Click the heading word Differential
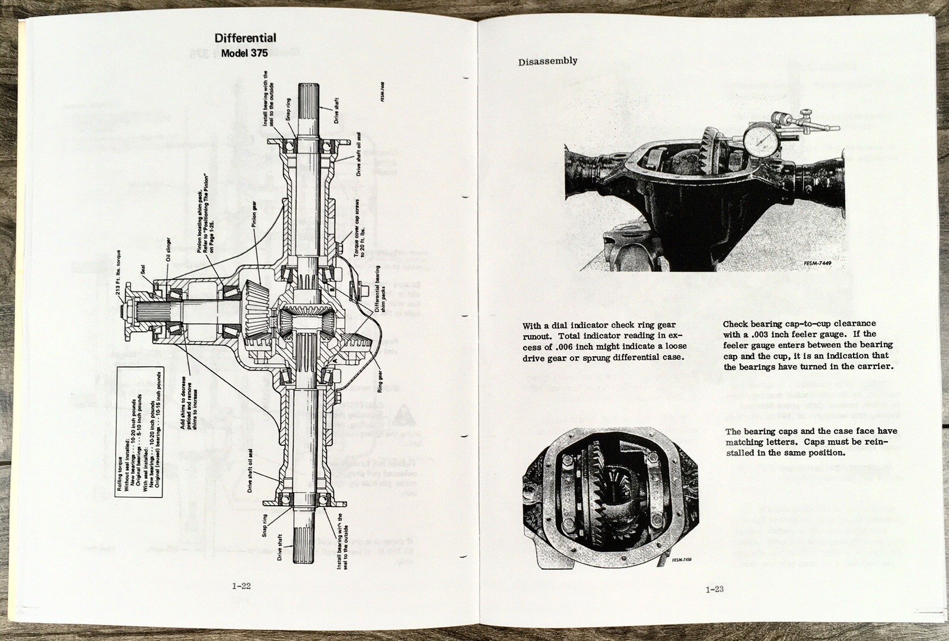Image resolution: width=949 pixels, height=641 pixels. click(245, 38)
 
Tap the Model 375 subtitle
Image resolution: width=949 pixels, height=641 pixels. click(244, 53)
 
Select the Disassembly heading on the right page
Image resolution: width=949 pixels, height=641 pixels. click(547, 61)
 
